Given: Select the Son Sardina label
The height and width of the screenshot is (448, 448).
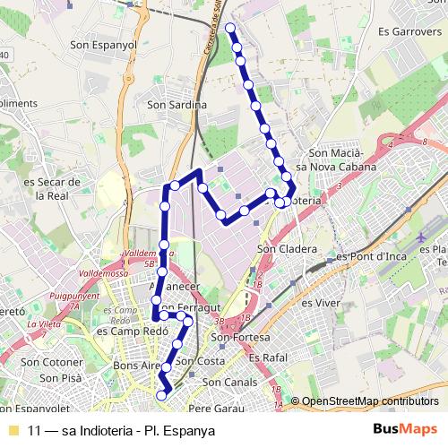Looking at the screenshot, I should click(177, 105).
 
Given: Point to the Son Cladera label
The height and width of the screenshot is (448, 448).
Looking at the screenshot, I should click(287, 248).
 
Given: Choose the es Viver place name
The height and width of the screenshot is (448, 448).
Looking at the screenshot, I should click(319, 303).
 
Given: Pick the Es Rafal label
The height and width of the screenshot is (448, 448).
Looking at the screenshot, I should click(266, 357).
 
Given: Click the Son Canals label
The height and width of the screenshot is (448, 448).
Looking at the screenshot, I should click(229, 382).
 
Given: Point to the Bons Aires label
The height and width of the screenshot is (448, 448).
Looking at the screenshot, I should click(137, 366).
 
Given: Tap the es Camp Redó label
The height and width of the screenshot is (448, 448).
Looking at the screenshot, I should click(121, 330).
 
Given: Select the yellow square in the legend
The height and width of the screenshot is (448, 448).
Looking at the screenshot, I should click(13, 430).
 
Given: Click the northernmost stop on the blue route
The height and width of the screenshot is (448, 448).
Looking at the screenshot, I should click(230, 29).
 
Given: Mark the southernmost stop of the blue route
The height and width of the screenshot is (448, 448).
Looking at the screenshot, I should click(162, 394).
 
